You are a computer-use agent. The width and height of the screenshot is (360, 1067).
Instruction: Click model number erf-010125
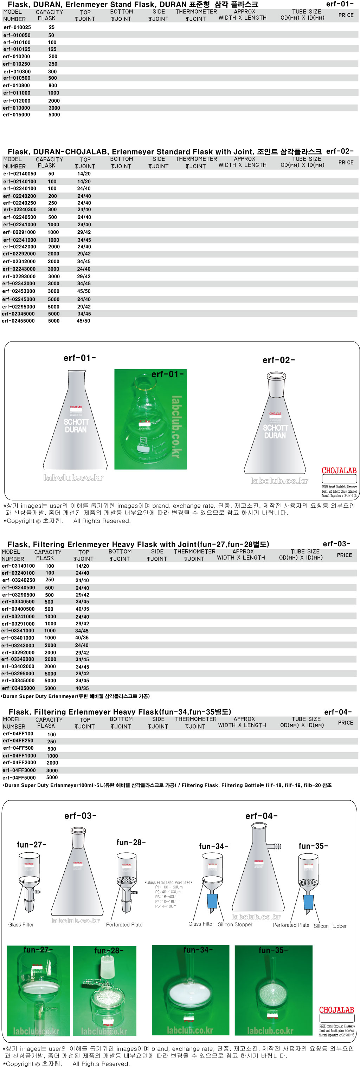click(x=17, y=49)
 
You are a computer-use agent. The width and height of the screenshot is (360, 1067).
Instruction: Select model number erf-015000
click(x=17, y=115)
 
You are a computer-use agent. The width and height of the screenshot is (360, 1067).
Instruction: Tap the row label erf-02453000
click(x=19, y=292)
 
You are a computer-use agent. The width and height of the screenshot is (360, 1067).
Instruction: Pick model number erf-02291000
click(x=19, y=232)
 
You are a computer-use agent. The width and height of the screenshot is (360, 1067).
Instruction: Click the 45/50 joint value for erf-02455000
click(x=83, y=321)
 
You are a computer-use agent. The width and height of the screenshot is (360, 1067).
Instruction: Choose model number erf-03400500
click(x=18, y=609)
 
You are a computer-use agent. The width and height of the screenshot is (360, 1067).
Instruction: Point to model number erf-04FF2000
click(x=19, y=762)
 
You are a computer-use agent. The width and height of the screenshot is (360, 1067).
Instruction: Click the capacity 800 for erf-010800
click(x=53, y=86)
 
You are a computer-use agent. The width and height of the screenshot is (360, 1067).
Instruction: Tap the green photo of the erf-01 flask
click(x=150, y=419)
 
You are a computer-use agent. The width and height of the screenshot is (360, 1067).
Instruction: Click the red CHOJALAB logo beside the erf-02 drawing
click(x=339, y=470)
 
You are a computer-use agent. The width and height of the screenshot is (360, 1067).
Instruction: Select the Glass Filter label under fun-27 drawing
click(x=21, y=924)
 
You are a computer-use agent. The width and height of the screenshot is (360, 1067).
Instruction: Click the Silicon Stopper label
click(x=235, y=924)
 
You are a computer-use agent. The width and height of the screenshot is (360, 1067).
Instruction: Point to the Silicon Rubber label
click(x=330, y=926)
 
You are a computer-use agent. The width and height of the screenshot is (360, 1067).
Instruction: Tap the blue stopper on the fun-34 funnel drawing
click(x=212, y=901)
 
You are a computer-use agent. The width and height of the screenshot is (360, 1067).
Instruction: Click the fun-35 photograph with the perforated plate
click(x=274, y=990)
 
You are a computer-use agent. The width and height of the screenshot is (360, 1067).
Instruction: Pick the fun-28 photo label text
click(x=109, y=951)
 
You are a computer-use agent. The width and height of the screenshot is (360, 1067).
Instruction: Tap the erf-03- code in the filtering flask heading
click(x=336, y=544)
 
